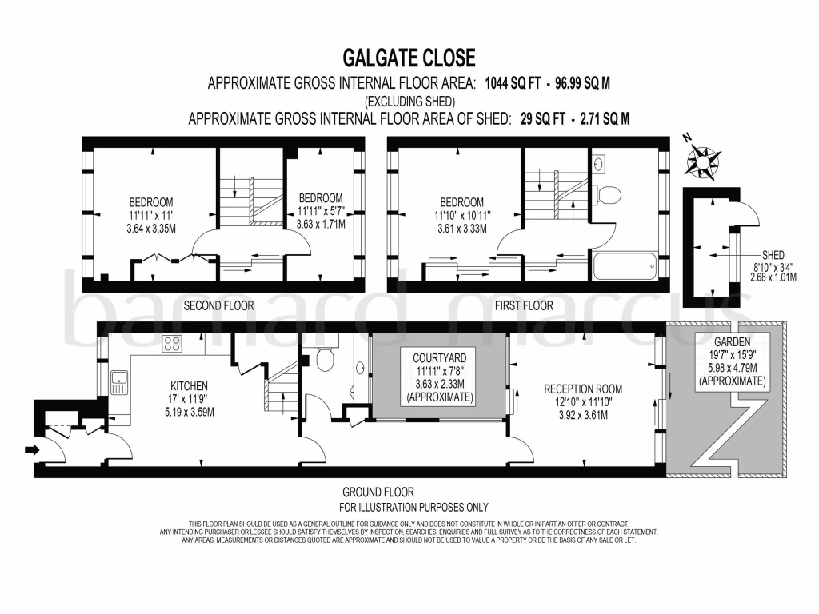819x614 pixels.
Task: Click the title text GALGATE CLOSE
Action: [409, 58]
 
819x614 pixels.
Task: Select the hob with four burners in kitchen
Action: [172, 345]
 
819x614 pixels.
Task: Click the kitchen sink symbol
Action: [118, 382]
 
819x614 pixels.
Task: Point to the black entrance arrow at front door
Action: [32, 450]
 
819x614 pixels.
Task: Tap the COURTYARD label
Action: [439, 357]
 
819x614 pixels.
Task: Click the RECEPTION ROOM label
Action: [582, 389]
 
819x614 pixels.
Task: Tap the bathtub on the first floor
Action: [624, 264]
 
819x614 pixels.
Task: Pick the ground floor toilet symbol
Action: [326, 361]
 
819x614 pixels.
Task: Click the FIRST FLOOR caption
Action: [524, 305]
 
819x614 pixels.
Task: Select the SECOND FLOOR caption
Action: [218, 305]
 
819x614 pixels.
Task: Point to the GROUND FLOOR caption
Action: [378, 492]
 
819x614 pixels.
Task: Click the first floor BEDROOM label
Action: [459, 202]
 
